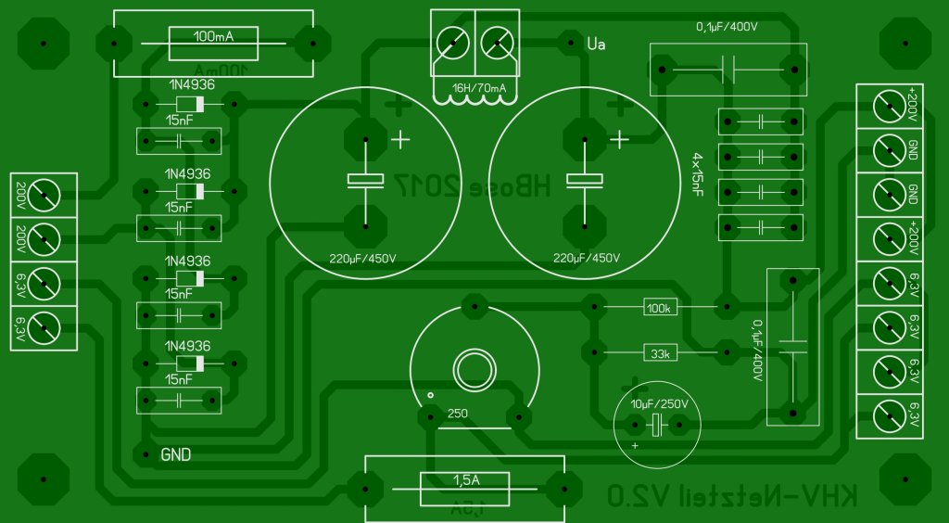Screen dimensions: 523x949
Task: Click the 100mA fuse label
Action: point(212,37)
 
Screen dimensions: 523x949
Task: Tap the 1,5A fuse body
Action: point(466,489)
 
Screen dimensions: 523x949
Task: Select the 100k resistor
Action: point(659,307)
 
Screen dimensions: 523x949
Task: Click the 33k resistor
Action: point(659,352)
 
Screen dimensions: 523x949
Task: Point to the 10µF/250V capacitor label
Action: point(659,403)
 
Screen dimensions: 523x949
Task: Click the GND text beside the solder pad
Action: point(176,455)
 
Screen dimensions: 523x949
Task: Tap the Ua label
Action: point(596,42)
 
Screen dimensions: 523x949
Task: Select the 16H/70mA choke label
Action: point(478,89)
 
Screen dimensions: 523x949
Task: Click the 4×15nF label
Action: point(697,175)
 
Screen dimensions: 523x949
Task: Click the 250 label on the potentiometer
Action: point(458,414)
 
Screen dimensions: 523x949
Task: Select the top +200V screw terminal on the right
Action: point(890,107)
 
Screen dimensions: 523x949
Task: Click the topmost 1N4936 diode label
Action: point(189,84)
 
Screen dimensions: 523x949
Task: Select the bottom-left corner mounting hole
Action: point(43,480)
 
